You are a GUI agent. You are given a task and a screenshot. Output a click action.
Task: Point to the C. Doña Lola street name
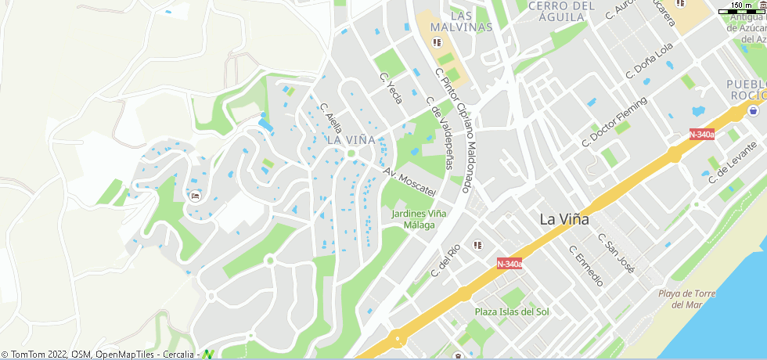click(x=649, y=61)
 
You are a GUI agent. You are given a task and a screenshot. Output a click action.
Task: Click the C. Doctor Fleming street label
click(x=614, y=123)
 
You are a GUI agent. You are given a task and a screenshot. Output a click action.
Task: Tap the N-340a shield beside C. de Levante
click(x=702, y=135)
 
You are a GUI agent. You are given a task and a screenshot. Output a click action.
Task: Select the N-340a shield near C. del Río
click(x=510, y=265)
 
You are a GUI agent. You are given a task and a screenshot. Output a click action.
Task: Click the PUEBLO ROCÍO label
click(x=746, y=89)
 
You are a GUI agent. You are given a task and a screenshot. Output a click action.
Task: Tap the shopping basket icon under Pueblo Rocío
click(x=753, y=110)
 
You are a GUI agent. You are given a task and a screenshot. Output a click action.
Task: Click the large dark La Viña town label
click(x=564, y=220)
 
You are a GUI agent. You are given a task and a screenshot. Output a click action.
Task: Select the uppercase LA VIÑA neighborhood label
click(x=346, y=139)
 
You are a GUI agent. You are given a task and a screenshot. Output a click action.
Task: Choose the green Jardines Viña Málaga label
click(x=419, y=218)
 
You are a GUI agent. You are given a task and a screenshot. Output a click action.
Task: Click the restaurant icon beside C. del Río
click(x=477, y=245)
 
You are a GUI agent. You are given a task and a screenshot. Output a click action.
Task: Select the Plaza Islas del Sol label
click(x=513, y=311)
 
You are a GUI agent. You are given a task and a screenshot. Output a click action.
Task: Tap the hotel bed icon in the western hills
click(x=194, y=196)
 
